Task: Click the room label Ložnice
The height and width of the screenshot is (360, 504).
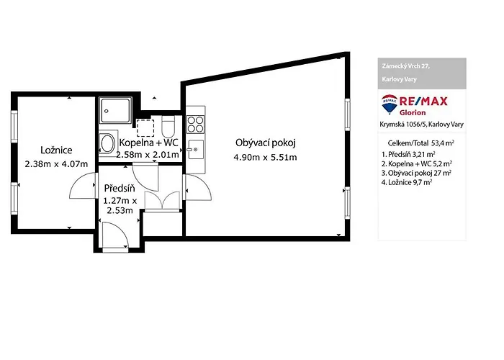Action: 56,150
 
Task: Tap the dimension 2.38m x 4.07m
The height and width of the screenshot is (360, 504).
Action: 56,164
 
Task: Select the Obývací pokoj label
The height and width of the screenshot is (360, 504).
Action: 266,143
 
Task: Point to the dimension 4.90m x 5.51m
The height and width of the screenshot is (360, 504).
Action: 265,158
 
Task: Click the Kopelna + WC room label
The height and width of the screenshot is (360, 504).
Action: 148,143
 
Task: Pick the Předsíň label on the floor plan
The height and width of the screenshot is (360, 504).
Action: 120,188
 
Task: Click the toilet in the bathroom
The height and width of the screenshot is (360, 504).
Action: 168,126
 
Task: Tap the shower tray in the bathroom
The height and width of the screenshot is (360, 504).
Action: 115,111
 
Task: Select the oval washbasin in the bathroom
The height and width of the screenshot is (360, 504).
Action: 107,144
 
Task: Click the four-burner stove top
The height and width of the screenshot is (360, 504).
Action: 195,125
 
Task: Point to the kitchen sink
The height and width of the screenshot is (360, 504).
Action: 195,150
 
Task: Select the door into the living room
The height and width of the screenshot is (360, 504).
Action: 197,187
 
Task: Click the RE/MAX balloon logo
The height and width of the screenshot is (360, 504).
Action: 390,104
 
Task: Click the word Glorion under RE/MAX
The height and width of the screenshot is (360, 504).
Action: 413,113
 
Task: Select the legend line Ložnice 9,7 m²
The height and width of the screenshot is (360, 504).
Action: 407,183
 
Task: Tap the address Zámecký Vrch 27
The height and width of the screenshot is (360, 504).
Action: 405,66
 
